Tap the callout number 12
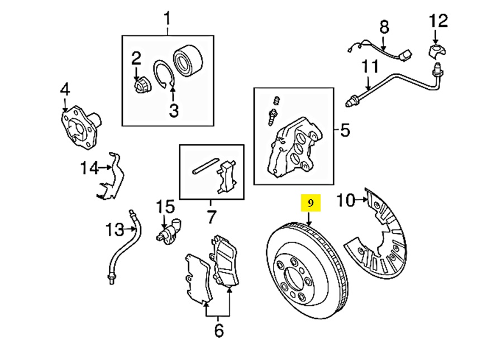tap(438, 21)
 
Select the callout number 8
tap(384, 26)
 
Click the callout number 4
tap(65, 89)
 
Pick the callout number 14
tap(89, 167)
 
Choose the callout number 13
tap(114, 229)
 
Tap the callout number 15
tap(165, 207)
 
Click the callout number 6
tap(218, 330)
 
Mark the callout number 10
tap(346, 200)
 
